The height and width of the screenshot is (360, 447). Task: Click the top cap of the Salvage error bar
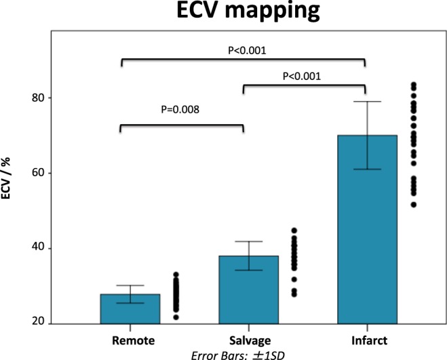(244, 241)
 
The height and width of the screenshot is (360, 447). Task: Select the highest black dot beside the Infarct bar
(414, 85)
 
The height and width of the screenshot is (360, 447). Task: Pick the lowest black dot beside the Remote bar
(176, 317)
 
